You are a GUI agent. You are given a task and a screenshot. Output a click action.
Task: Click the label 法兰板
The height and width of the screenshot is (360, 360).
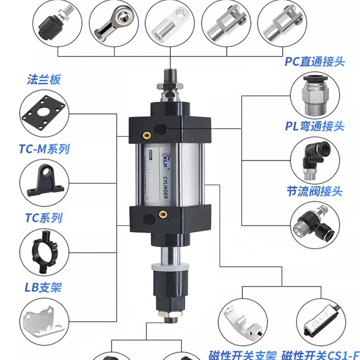tap(44, 81)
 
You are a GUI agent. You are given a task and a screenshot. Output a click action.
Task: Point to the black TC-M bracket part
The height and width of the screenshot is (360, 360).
tap(44, 180)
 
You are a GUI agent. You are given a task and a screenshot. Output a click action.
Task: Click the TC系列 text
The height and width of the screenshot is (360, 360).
tap(43, 218)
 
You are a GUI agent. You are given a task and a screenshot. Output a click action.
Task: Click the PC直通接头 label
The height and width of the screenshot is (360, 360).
tap(315, 61)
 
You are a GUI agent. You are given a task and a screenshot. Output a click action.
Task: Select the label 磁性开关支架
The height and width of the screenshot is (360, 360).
tap(243, 353)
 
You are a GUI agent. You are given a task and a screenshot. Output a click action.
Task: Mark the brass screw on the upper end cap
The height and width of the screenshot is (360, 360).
tap(146, 133)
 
